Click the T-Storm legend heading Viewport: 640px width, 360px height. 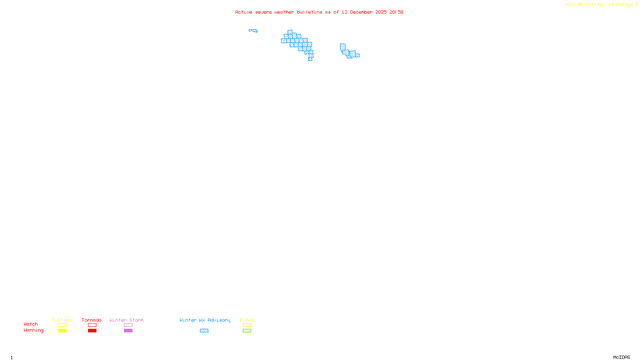pyautogui.click(x=62, y=320)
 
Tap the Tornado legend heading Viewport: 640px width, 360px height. pyautogui.click(x=92, y=320)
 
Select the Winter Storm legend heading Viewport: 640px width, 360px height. pyautogui.click(x=126, y=320)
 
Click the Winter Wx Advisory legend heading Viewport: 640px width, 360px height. pyautogui.click(x=205, y=320)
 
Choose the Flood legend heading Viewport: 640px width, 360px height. pyautogui.click(x=247, y=320)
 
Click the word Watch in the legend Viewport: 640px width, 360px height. pyautogui.click(x=31, y=324)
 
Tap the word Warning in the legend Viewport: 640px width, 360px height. pyautogui.click(x=34, y=330)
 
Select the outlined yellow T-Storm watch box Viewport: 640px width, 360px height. pyautogui.click(x=62, y=325)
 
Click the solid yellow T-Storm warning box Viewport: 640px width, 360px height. pyautogui.click(x=62, y=331)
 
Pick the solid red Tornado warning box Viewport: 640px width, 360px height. pyautogui.click(x=92, y=331)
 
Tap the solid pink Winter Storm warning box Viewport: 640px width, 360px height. pyautogui.click(x=128, y=331)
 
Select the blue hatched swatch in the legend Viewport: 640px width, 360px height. pyautogui.click(x=204, y=331)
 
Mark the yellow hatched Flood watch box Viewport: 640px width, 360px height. pyautogui.click(x=247, y=325)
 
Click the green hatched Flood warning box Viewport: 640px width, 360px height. pyautogui.click(x=247, y=331)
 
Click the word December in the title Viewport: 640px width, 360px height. pyautogui.click(x=361, y=12)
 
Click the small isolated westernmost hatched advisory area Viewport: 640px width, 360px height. pyautogui.click(x=253, y=30)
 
